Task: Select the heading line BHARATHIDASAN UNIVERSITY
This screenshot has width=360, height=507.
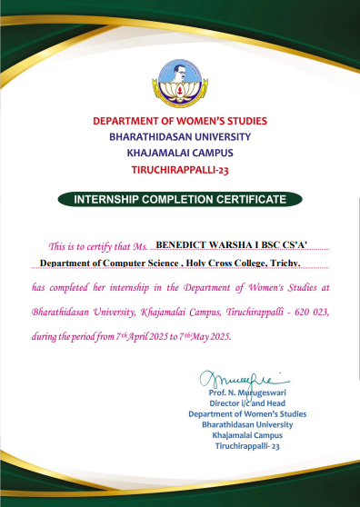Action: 180,135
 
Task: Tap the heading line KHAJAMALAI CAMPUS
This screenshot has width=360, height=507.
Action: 180,152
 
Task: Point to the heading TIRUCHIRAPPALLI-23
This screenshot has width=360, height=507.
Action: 180,168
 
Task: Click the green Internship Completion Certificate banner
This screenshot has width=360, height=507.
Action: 180,198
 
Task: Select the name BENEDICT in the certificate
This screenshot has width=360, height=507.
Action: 182,244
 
